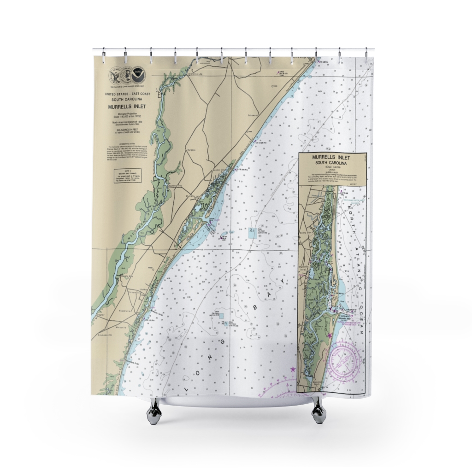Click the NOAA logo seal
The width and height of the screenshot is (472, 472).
pyautogui.click(x=137, y=75)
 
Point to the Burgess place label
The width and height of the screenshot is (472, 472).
pyautogui.click(x=192, y=150)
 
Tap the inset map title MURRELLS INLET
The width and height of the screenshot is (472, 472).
pyautogui.click(x=332, y=157)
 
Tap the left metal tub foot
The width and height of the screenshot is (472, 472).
pyautogui.click(x=153, y=410)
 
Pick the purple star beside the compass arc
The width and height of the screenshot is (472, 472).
pyautogui.click(x=292, y=369)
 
